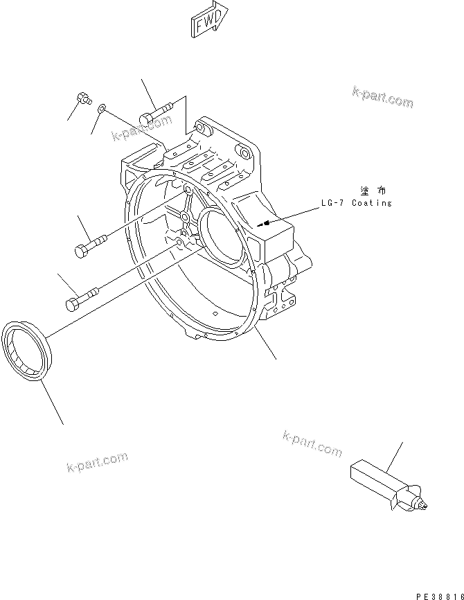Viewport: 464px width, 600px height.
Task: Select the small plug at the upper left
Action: (x=84, y=98)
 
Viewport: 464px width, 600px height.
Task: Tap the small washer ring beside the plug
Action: (x=102, y=108)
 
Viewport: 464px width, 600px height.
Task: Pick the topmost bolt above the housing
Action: (x=156, y=114)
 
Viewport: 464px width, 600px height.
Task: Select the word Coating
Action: (x=372, y=203)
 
